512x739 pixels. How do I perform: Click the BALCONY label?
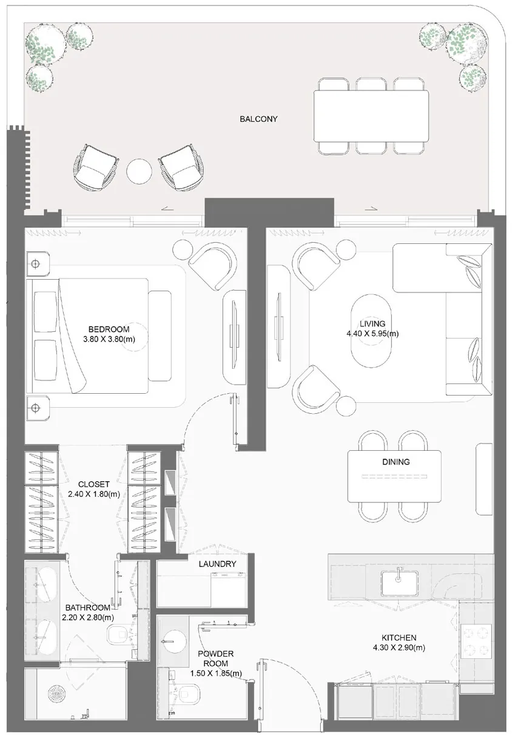258,119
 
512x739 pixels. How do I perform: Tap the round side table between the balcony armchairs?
139,171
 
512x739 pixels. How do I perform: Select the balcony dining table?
371,116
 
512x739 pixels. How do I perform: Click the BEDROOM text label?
109,329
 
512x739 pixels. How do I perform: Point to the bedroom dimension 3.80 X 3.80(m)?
109,339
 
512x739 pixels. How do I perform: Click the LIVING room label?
372,323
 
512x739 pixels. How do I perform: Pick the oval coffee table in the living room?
371,331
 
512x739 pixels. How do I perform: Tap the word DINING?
396,462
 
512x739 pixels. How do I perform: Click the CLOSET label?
93,484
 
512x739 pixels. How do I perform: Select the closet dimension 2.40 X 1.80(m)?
93,494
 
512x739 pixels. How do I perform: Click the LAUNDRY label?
217,564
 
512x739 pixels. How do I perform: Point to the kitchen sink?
399,583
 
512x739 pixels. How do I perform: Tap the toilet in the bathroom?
119,636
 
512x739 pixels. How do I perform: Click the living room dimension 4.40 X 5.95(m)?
372,334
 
